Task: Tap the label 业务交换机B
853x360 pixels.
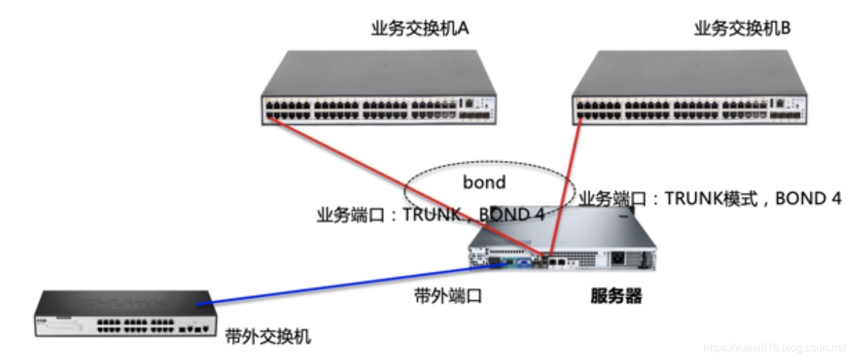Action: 742,29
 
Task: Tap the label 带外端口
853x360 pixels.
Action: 448,296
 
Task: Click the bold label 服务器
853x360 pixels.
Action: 616,296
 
